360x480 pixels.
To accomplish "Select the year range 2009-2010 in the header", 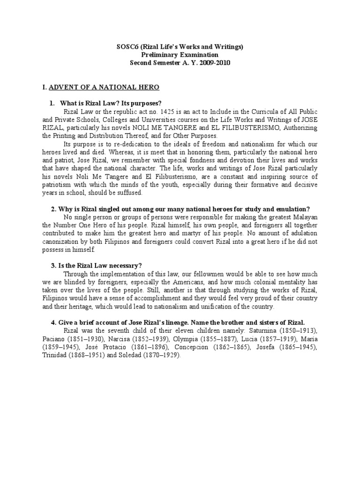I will point(214,63).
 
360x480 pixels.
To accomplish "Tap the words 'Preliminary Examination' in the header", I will point(180,55).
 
